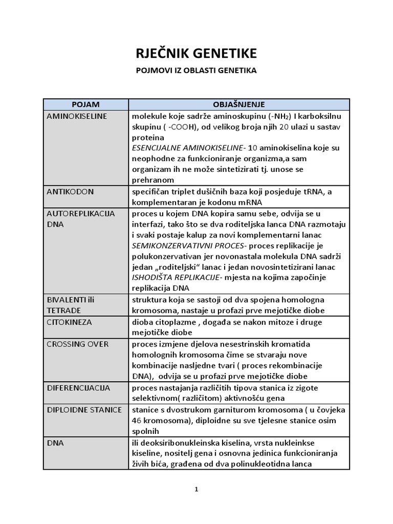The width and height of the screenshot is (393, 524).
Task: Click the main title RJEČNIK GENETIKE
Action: click(196, 53)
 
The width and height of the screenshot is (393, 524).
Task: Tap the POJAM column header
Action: click(85, 104)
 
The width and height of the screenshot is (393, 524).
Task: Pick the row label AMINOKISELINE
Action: click(76, 116)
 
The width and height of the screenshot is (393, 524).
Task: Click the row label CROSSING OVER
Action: click(77, 344)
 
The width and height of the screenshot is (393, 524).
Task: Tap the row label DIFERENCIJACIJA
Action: click(78, 388)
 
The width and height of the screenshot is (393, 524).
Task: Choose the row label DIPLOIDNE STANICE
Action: click(84, 410)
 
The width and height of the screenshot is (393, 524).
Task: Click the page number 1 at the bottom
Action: click(196, 489)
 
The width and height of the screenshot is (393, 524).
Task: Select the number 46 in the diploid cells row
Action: click(137, 421)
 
